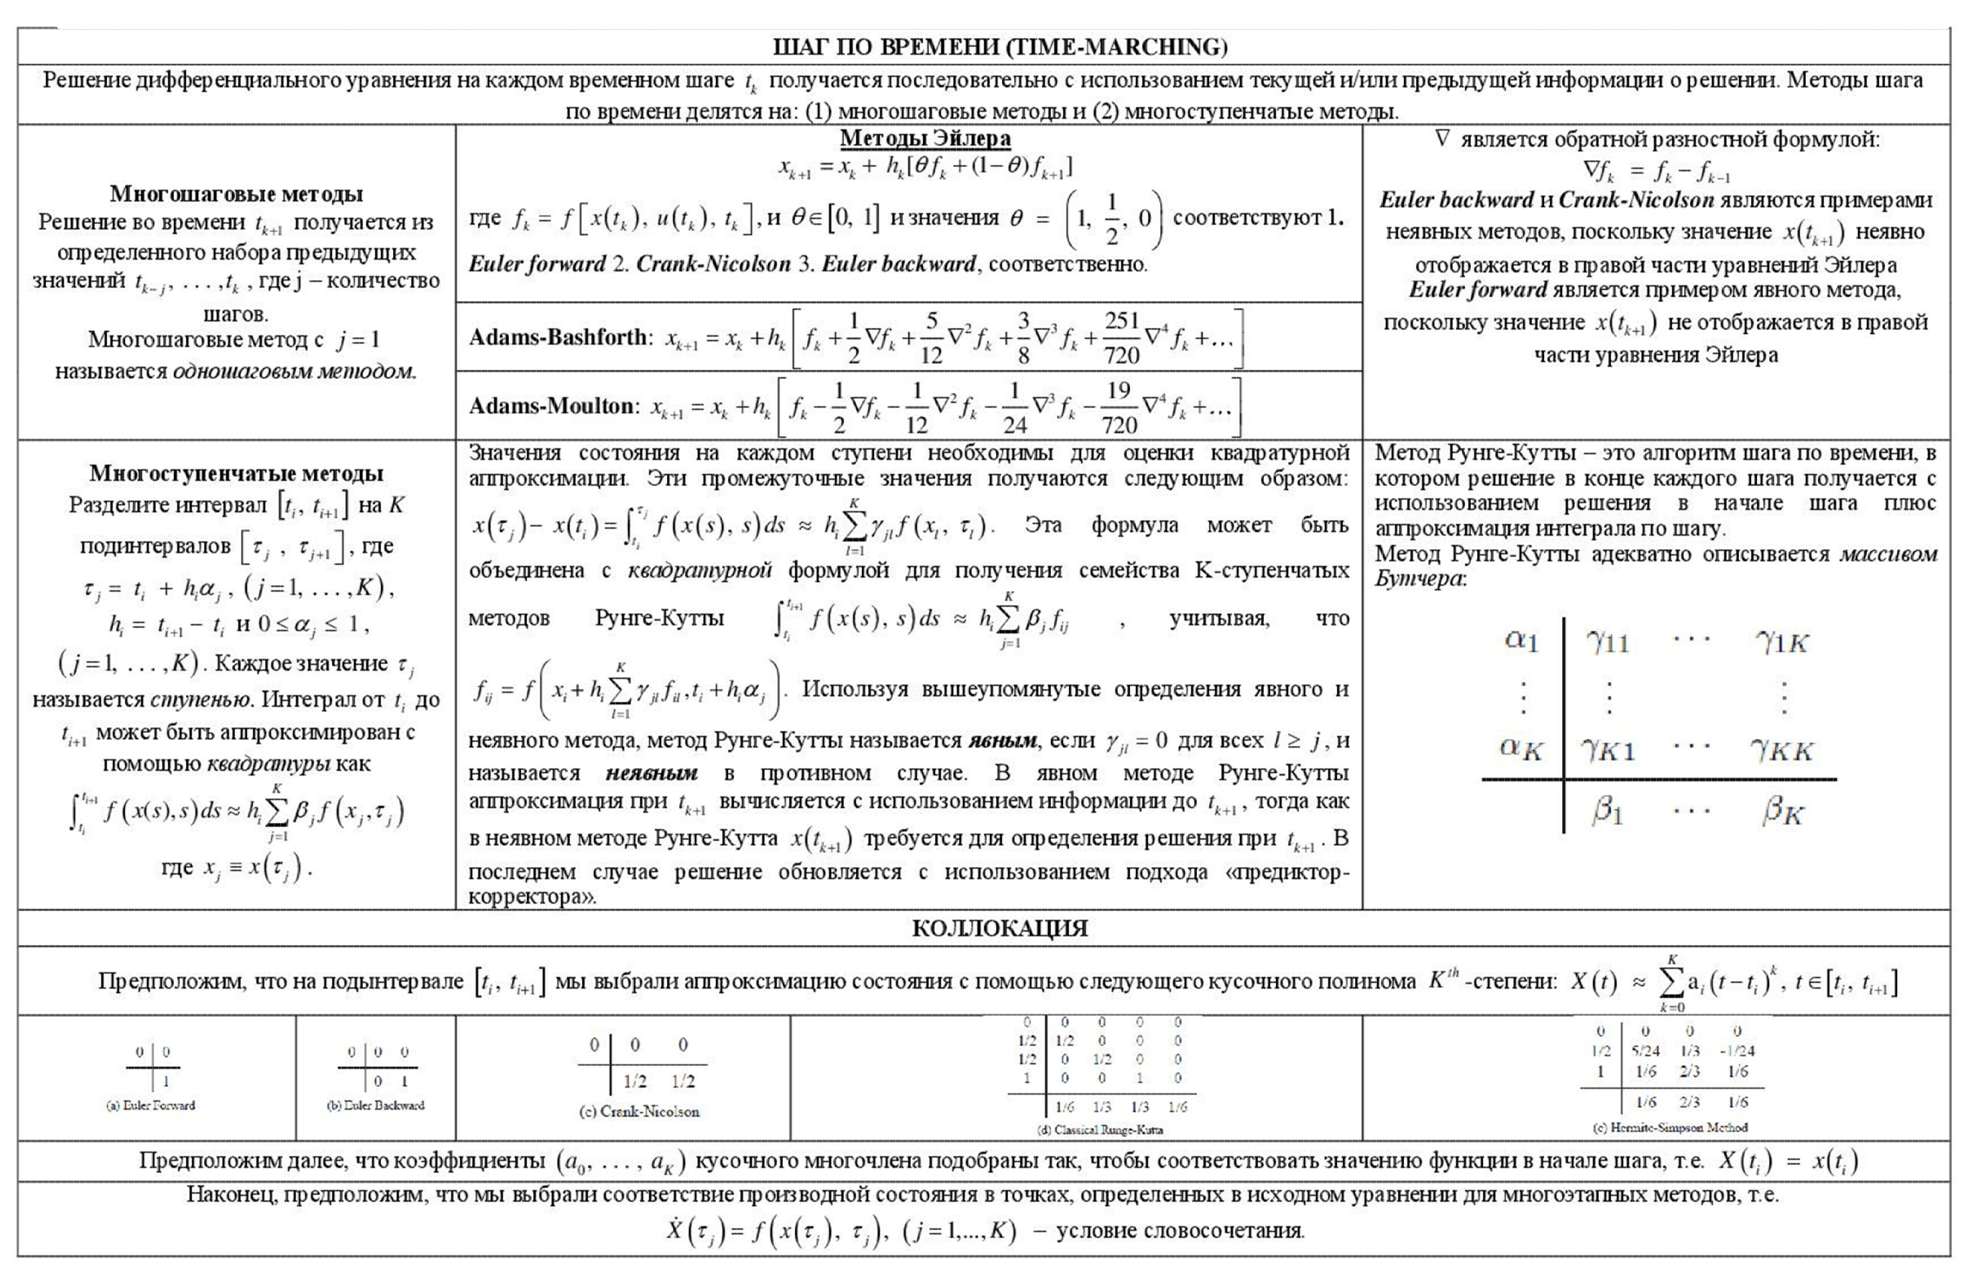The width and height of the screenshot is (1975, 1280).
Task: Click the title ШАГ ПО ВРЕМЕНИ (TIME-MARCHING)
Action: (999, 47)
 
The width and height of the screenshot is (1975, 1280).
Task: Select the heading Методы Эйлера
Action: (924, 138)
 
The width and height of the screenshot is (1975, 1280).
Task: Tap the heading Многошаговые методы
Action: (237, 194)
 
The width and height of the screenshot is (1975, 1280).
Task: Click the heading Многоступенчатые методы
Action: (237, 474)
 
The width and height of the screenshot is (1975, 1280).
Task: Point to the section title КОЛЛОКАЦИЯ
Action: (999, 928)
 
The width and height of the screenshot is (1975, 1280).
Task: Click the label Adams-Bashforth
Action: (558, 337)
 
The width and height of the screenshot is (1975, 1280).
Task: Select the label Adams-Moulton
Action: (551, 406)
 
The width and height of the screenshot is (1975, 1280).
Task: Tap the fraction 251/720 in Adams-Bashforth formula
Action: (1121, 337)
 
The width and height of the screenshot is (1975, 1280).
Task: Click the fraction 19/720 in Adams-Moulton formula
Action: (1118, 407)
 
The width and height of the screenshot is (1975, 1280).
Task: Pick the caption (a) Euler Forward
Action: (151, 1105)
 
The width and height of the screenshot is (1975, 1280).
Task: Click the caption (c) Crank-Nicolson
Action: (639, 1112)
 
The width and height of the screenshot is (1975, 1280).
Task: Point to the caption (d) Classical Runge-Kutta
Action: (1099, 1130)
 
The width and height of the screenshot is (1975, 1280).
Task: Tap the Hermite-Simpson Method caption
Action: (1670, 1127)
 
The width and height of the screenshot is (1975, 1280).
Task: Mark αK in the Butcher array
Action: (1520, 749)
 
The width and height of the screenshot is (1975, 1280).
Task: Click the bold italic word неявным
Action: (651, 773)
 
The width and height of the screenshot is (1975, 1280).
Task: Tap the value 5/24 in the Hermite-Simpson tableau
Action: (1645, 1050)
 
